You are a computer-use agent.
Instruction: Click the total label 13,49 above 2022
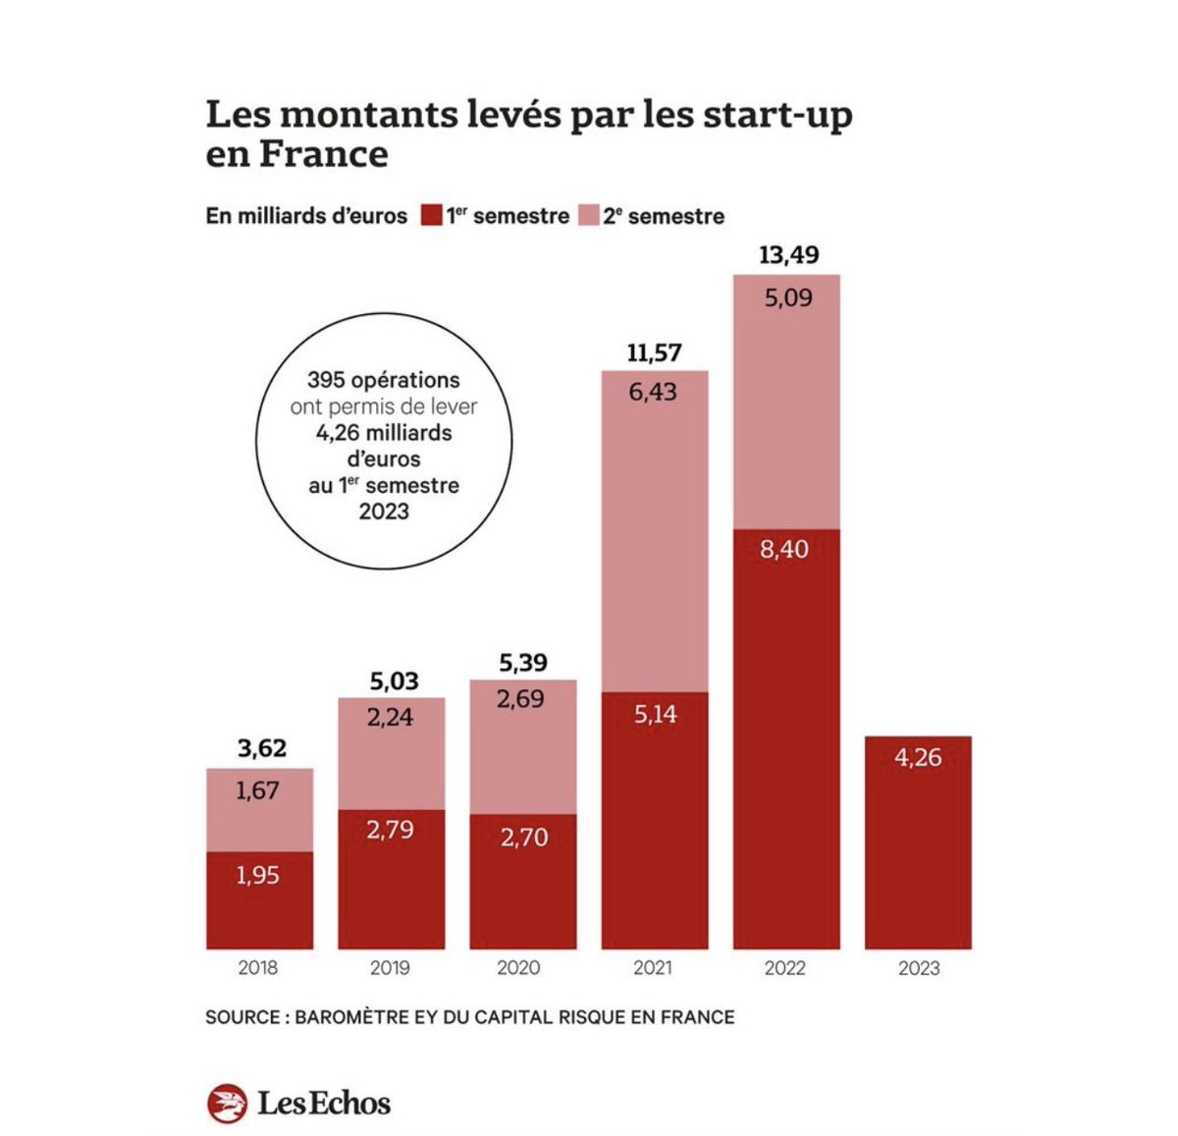pos(788,255)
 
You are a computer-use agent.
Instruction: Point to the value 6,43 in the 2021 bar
pos(654,392)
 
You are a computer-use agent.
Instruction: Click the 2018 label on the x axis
pos(258,968)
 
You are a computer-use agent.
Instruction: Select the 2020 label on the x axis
pos(518,968)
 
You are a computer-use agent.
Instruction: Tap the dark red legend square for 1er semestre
pos(431,216)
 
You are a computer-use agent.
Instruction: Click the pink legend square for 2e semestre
pos(588,216)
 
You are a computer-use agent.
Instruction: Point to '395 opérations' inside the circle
pos(383,380)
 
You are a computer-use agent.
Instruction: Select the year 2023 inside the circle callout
pos(383,512)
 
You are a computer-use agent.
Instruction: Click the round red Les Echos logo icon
pos(228,1104)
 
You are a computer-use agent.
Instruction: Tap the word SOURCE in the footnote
pos(242,1017)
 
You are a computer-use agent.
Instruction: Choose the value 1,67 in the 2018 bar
pos(258,790)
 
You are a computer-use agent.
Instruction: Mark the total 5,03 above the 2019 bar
pos(394,680)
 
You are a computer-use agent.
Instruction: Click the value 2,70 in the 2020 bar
pos(524,838)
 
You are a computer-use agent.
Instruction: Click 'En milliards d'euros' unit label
pos(305,216)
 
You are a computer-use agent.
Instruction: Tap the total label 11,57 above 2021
pos(654,352)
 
